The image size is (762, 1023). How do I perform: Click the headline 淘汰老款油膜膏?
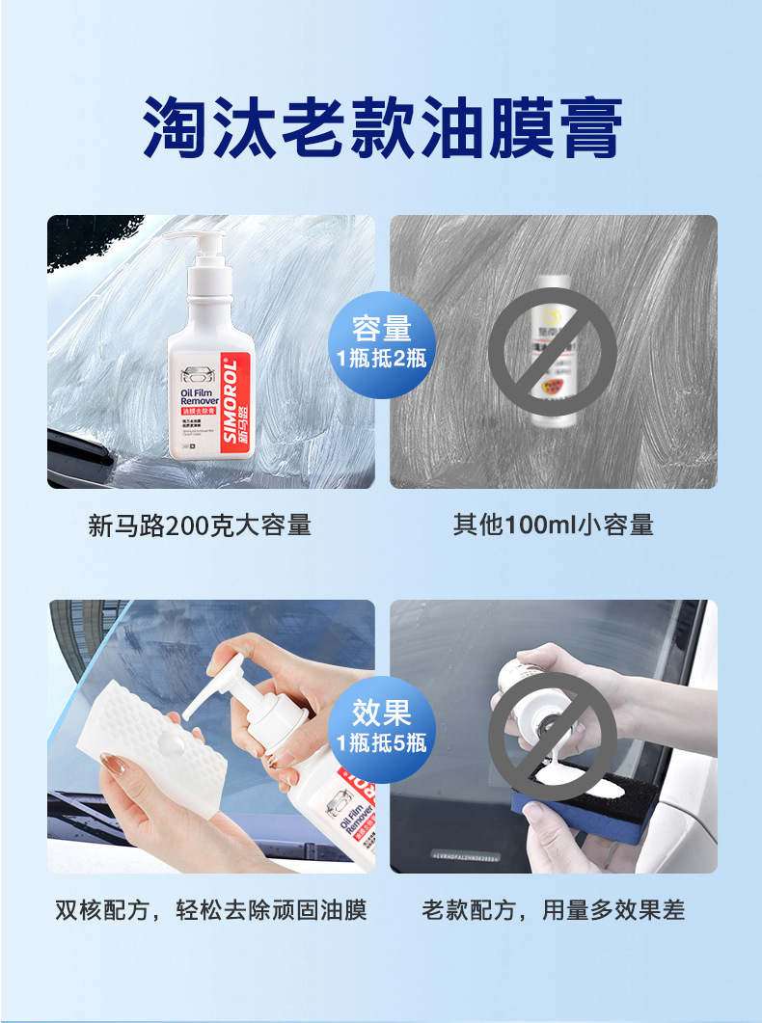coord(382,128)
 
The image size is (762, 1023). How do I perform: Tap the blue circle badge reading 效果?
coord(382,713)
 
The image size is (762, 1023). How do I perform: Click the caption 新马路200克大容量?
coord(200,525)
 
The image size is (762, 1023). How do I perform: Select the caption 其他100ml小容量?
coord(553,525)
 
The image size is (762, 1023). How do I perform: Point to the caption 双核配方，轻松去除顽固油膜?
coord(211,909)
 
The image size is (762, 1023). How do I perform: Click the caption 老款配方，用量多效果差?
coord(553,909)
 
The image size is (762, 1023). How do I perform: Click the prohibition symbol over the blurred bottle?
coord(552,351)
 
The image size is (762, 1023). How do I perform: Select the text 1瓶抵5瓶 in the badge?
coord(382,743)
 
